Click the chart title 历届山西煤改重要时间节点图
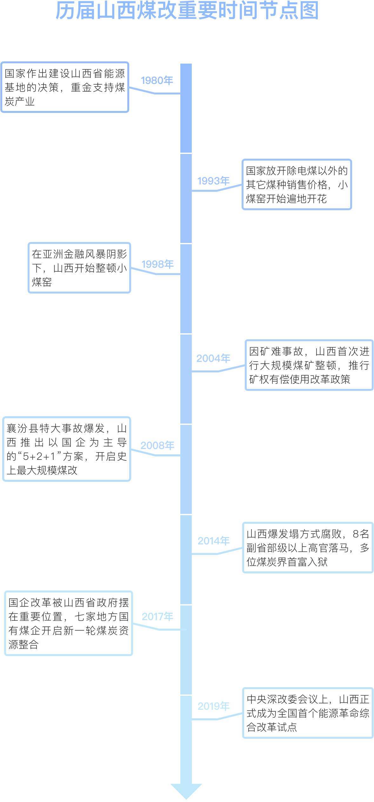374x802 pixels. point(187,11)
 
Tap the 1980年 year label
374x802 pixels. point(157,81)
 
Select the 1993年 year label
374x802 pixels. point(213,181)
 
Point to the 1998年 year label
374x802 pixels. point(157,264)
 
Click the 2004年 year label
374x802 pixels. point(213,358)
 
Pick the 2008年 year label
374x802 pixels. point(157,446)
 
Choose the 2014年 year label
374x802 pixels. point(213,541)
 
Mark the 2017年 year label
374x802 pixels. point(157,617)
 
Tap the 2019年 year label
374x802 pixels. point(213,706)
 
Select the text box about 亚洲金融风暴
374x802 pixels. point(79,268)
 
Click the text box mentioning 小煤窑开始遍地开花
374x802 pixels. point(297,184)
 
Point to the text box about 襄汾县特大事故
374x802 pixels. point(67,449)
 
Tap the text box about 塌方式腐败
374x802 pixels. point(308,548)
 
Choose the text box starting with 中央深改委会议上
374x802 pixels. point(308,713)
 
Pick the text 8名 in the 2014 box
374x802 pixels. point(361,534)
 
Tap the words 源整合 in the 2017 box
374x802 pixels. point(23,645)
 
